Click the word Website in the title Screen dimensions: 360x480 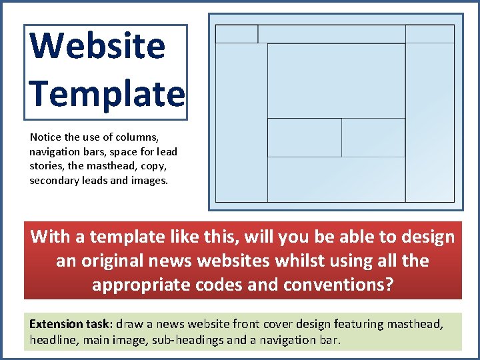pos(98,46)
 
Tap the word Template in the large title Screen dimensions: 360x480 pos(107,93)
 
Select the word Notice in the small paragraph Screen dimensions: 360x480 pos(45,137)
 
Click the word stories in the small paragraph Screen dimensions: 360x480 pos(46,166)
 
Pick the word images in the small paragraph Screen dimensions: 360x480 pos(150,180)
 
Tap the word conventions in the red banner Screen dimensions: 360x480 pos(337,285)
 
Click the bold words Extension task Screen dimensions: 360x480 pos(71,325)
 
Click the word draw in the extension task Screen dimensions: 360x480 pos(129,325)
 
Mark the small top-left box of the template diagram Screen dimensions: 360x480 pos(237,34)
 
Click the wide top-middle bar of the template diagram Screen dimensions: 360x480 pos(331,34)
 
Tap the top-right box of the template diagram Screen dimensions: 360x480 pos(429,34)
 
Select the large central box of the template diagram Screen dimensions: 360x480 pos(336,81)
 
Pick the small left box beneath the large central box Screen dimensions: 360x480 pos(304,137)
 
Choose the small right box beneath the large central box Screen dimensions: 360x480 pos(373,137)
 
